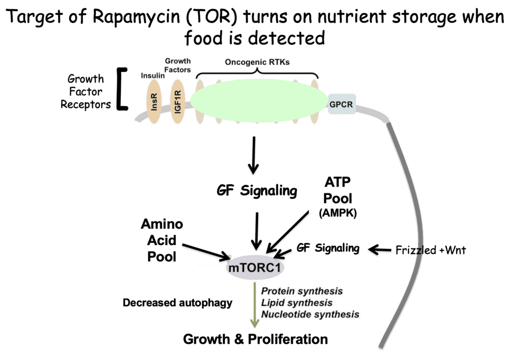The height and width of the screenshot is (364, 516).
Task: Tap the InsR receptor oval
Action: coord(154,101)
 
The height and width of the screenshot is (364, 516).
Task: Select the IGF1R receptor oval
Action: coord(178,101)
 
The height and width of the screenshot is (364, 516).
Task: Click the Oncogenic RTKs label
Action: coord(257,62)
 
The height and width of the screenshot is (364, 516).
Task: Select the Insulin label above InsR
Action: coord(153,76)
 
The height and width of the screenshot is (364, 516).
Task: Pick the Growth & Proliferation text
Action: coord(255,339)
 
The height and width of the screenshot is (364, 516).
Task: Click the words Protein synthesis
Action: coord(302,292)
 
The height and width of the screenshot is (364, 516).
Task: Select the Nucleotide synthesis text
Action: coord(310,314)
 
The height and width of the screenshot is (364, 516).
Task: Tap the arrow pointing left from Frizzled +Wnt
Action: coord(379,250)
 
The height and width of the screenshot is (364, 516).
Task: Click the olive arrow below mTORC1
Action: coord(254,305)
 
